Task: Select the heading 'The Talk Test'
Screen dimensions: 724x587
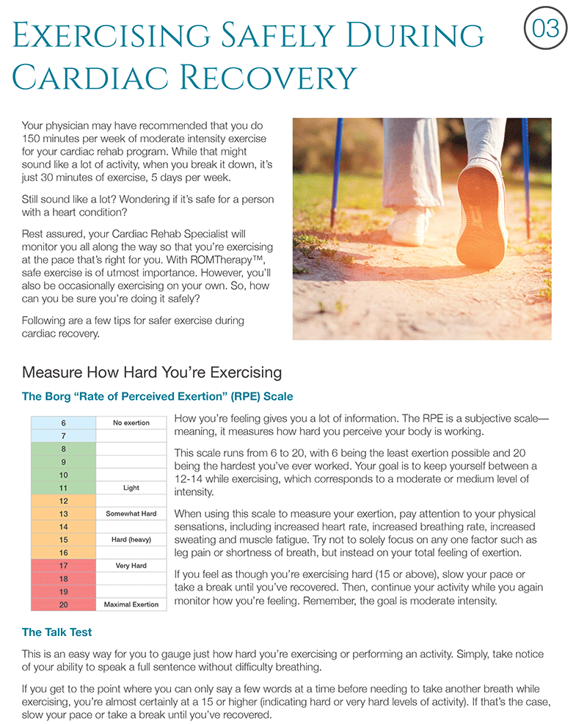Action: click(x=56, y=632)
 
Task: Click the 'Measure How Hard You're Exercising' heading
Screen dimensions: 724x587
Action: click(x=152, y=372)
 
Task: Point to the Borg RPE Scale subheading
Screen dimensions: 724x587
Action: click(x=157, y=397)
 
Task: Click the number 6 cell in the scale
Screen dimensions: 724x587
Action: click(x=64, y=423)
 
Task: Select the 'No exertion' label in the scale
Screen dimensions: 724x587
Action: click(x=131, y=423)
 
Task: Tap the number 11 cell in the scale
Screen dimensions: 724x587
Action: click(x=64, y=488)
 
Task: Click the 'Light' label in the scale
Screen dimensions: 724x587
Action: click(x=131, y=488)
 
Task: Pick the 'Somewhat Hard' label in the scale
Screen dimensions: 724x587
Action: click(x=131, y=513)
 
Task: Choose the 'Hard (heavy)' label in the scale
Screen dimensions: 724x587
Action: click(x=131, y=540)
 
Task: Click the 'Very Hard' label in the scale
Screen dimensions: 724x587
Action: click(x=131, y=566)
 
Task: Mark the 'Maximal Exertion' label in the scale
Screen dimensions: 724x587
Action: click(x=131, y=604)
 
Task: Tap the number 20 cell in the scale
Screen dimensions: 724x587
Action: click(x=64, y=604)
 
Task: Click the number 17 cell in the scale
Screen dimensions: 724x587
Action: click(x=64, y=566)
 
